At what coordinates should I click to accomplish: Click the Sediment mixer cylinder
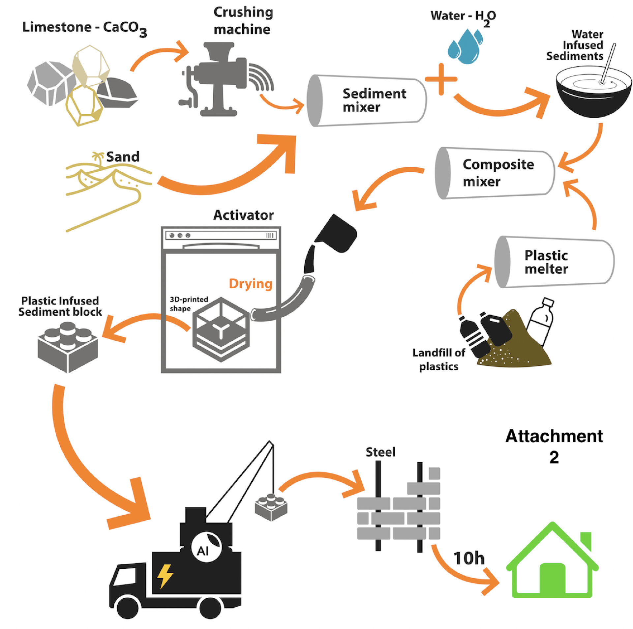coord(366,100)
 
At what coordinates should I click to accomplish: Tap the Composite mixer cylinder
coord(495,173)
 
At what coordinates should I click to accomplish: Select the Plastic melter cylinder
coord(554,262)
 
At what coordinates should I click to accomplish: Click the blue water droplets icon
coord(465,46)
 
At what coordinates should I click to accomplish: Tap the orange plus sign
coord(441,79)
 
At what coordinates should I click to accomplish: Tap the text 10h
coord(468,558)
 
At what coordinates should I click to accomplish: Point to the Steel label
coord(380,452)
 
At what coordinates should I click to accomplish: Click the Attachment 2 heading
coord(554,446)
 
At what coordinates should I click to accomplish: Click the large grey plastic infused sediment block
coord(68,347)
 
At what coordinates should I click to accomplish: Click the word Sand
coord(123,157)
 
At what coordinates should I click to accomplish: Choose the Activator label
coord(243,215)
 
